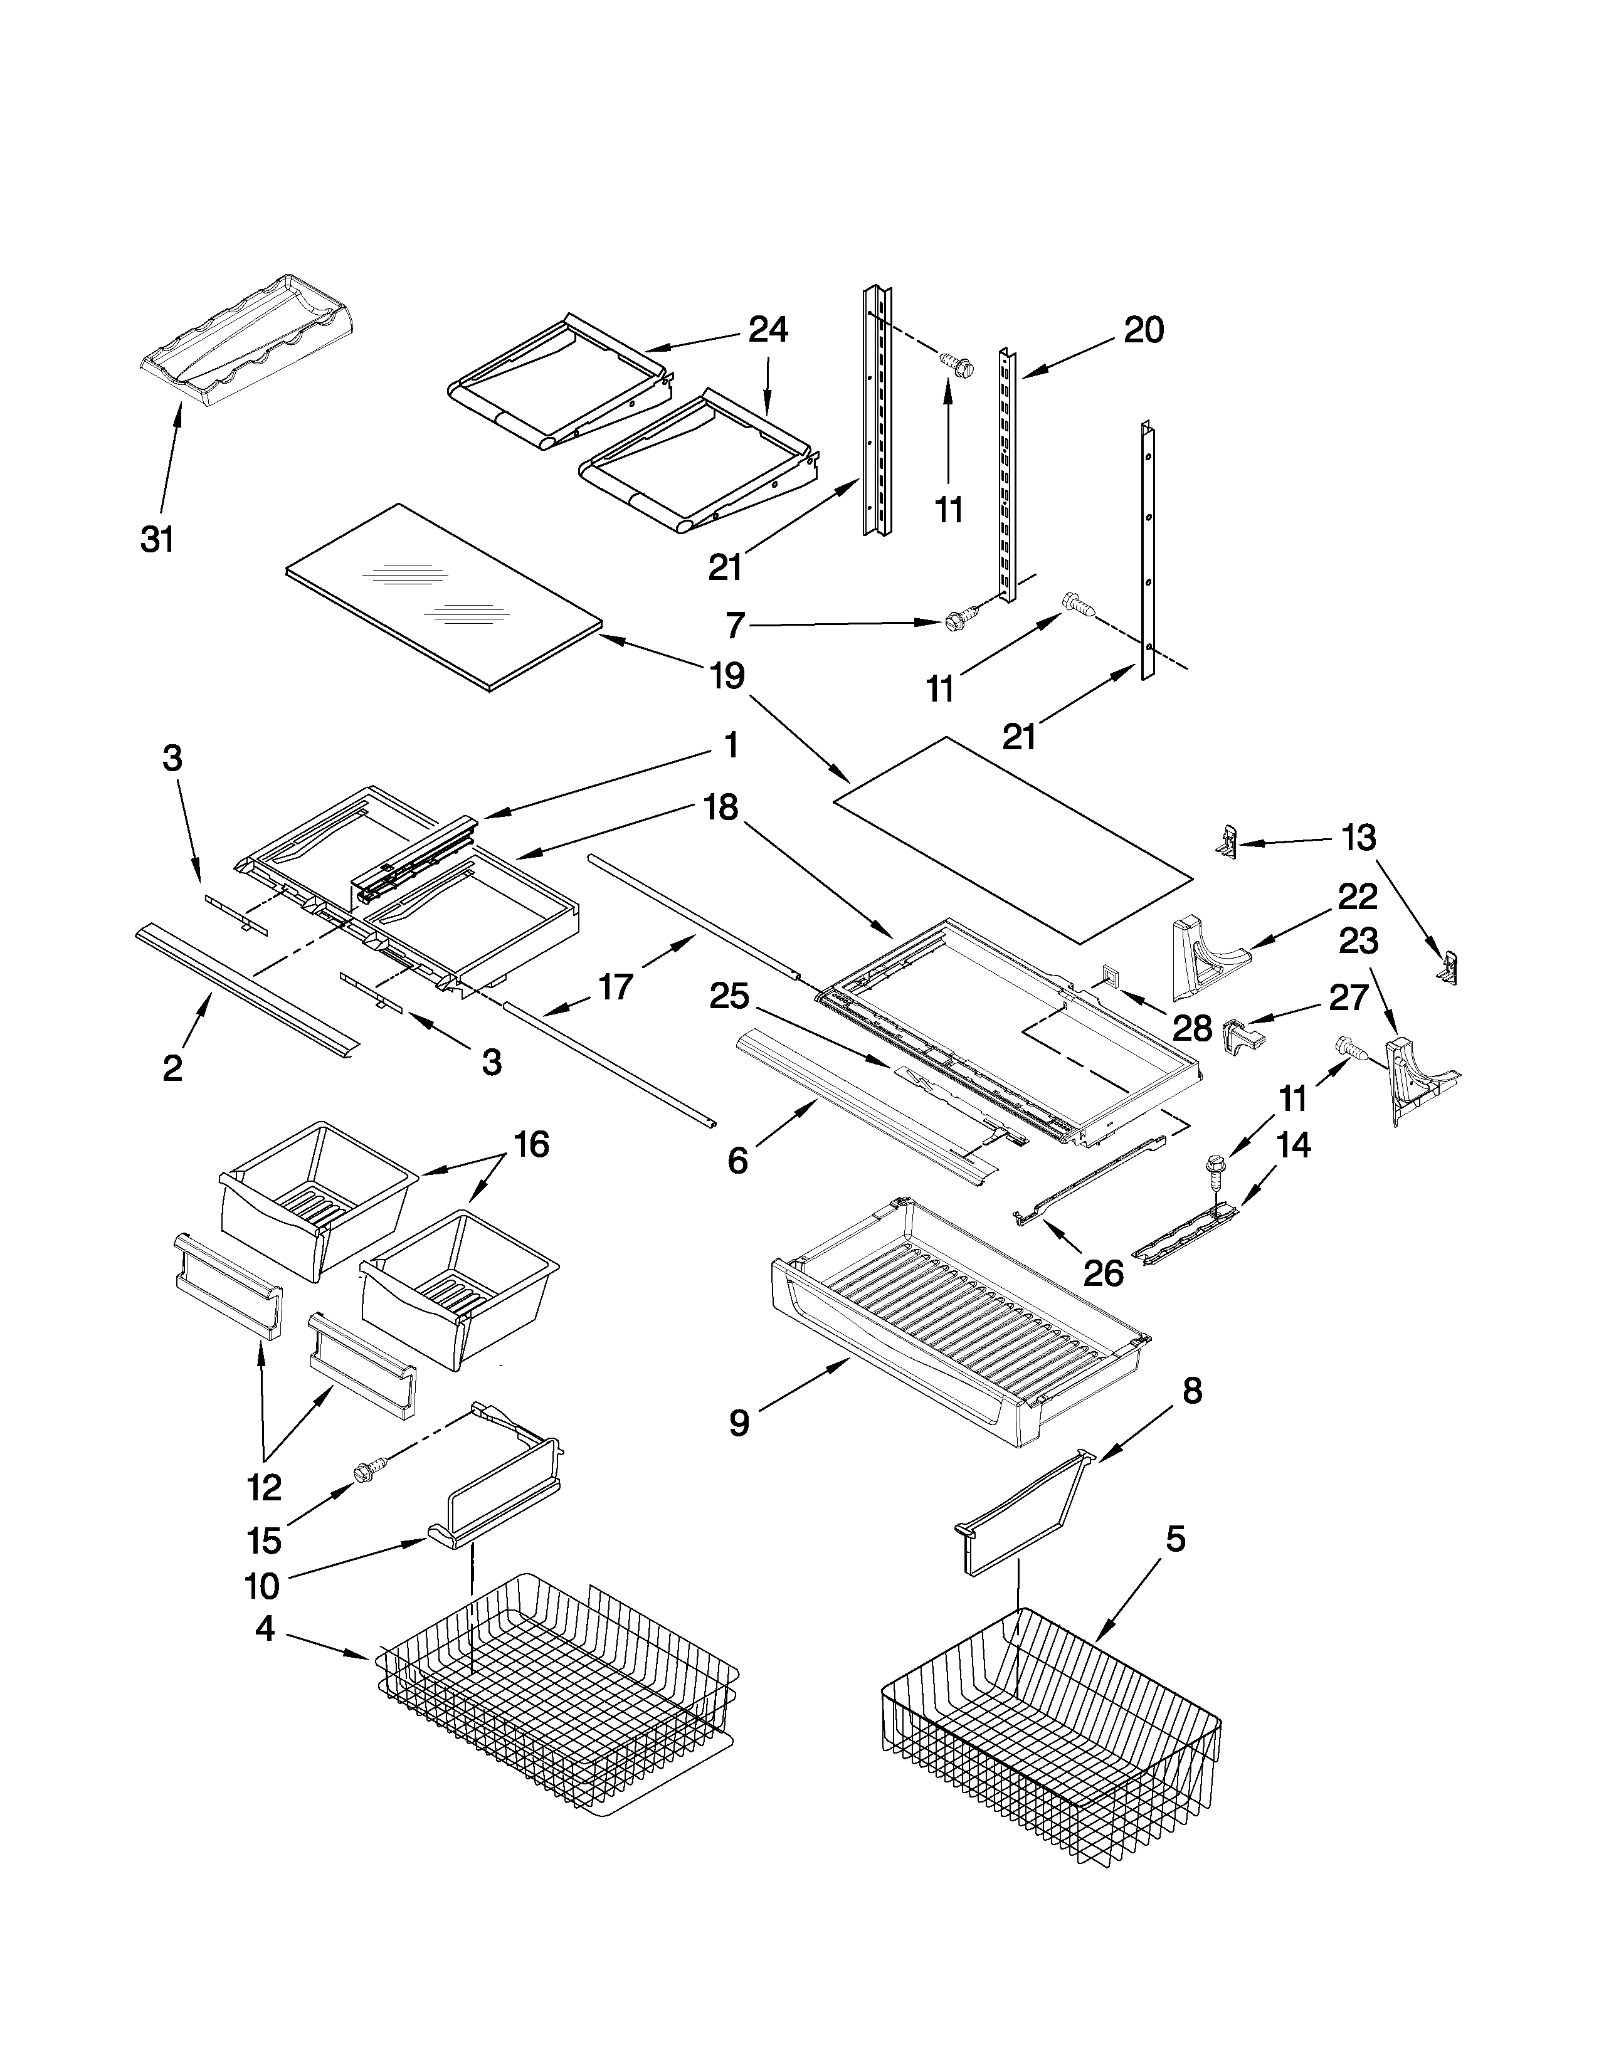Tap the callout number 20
[x=1143, y=330]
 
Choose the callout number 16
[x=531, y=1145]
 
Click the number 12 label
[x=264, y=1488]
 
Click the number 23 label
[x=1358, y=940]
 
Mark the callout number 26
[x=1104, y=1273]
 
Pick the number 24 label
[x=768, y=330]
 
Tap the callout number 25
[x=729, y=997]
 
